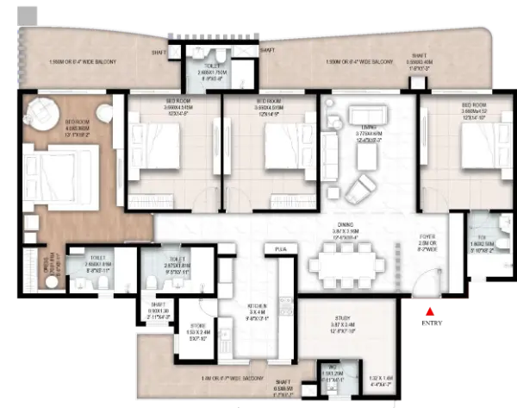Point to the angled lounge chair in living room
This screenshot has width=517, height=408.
point(360,185)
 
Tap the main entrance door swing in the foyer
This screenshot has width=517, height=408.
point(422,280)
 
